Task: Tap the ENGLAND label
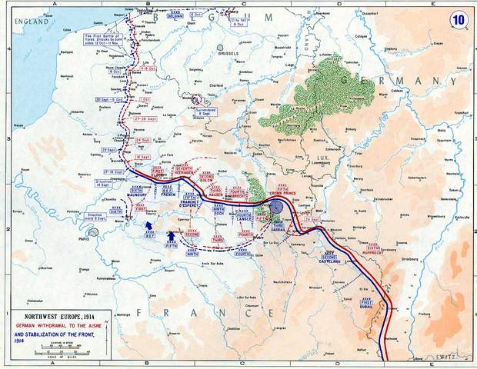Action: point(23,23)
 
